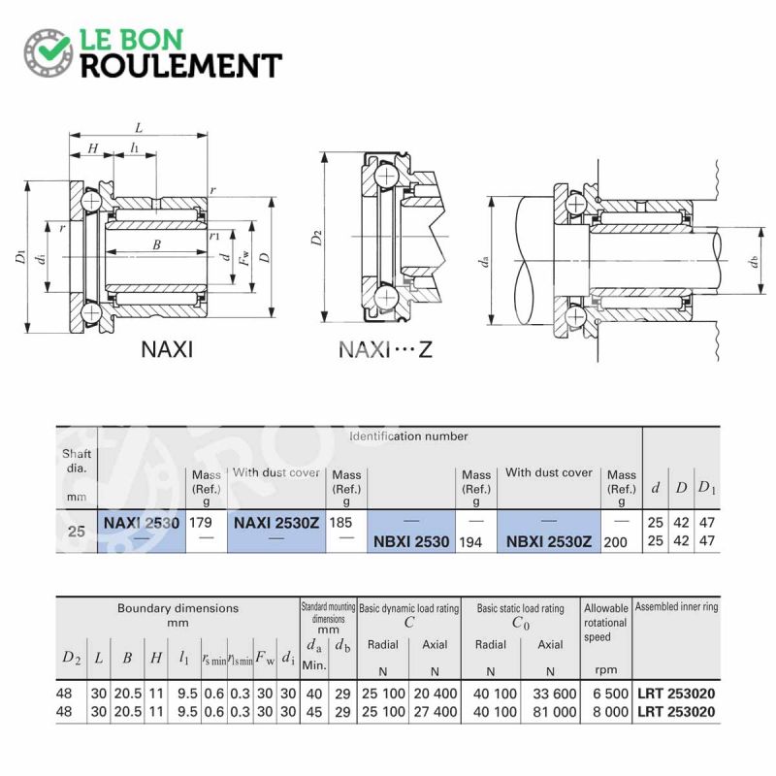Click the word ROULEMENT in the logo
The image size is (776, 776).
(181, 66)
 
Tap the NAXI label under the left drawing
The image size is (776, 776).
(167, 349)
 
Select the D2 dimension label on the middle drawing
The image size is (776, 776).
(316, 238)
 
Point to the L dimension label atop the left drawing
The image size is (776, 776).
(139, 128)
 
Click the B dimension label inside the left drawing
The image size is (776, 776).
(156, 244)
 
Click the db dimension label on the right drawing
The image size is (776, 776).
(754, 261)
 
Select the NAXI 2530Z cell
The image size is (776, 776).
(276, 523)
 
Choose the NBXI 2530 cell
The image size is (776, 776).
(411, 541)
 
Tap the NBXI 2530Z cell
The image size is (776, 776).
(549, 541)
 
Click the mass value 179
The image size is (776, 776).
(201, 523)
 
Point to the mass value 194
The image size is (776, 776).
(470, 542)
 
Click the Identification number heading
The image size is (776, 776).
(408, 436)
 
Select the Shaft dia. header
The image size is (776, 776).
(77, 461)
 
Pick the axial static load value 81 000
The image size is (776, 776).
(555, 712)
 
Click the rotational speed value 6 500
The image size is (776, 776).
(610, 694)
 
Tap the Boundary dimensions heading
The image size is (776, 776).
(178, 608)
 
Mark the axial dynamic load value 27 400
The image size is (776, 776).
(435, 712)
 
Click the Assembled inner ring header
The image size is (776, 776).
(676, 607)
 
